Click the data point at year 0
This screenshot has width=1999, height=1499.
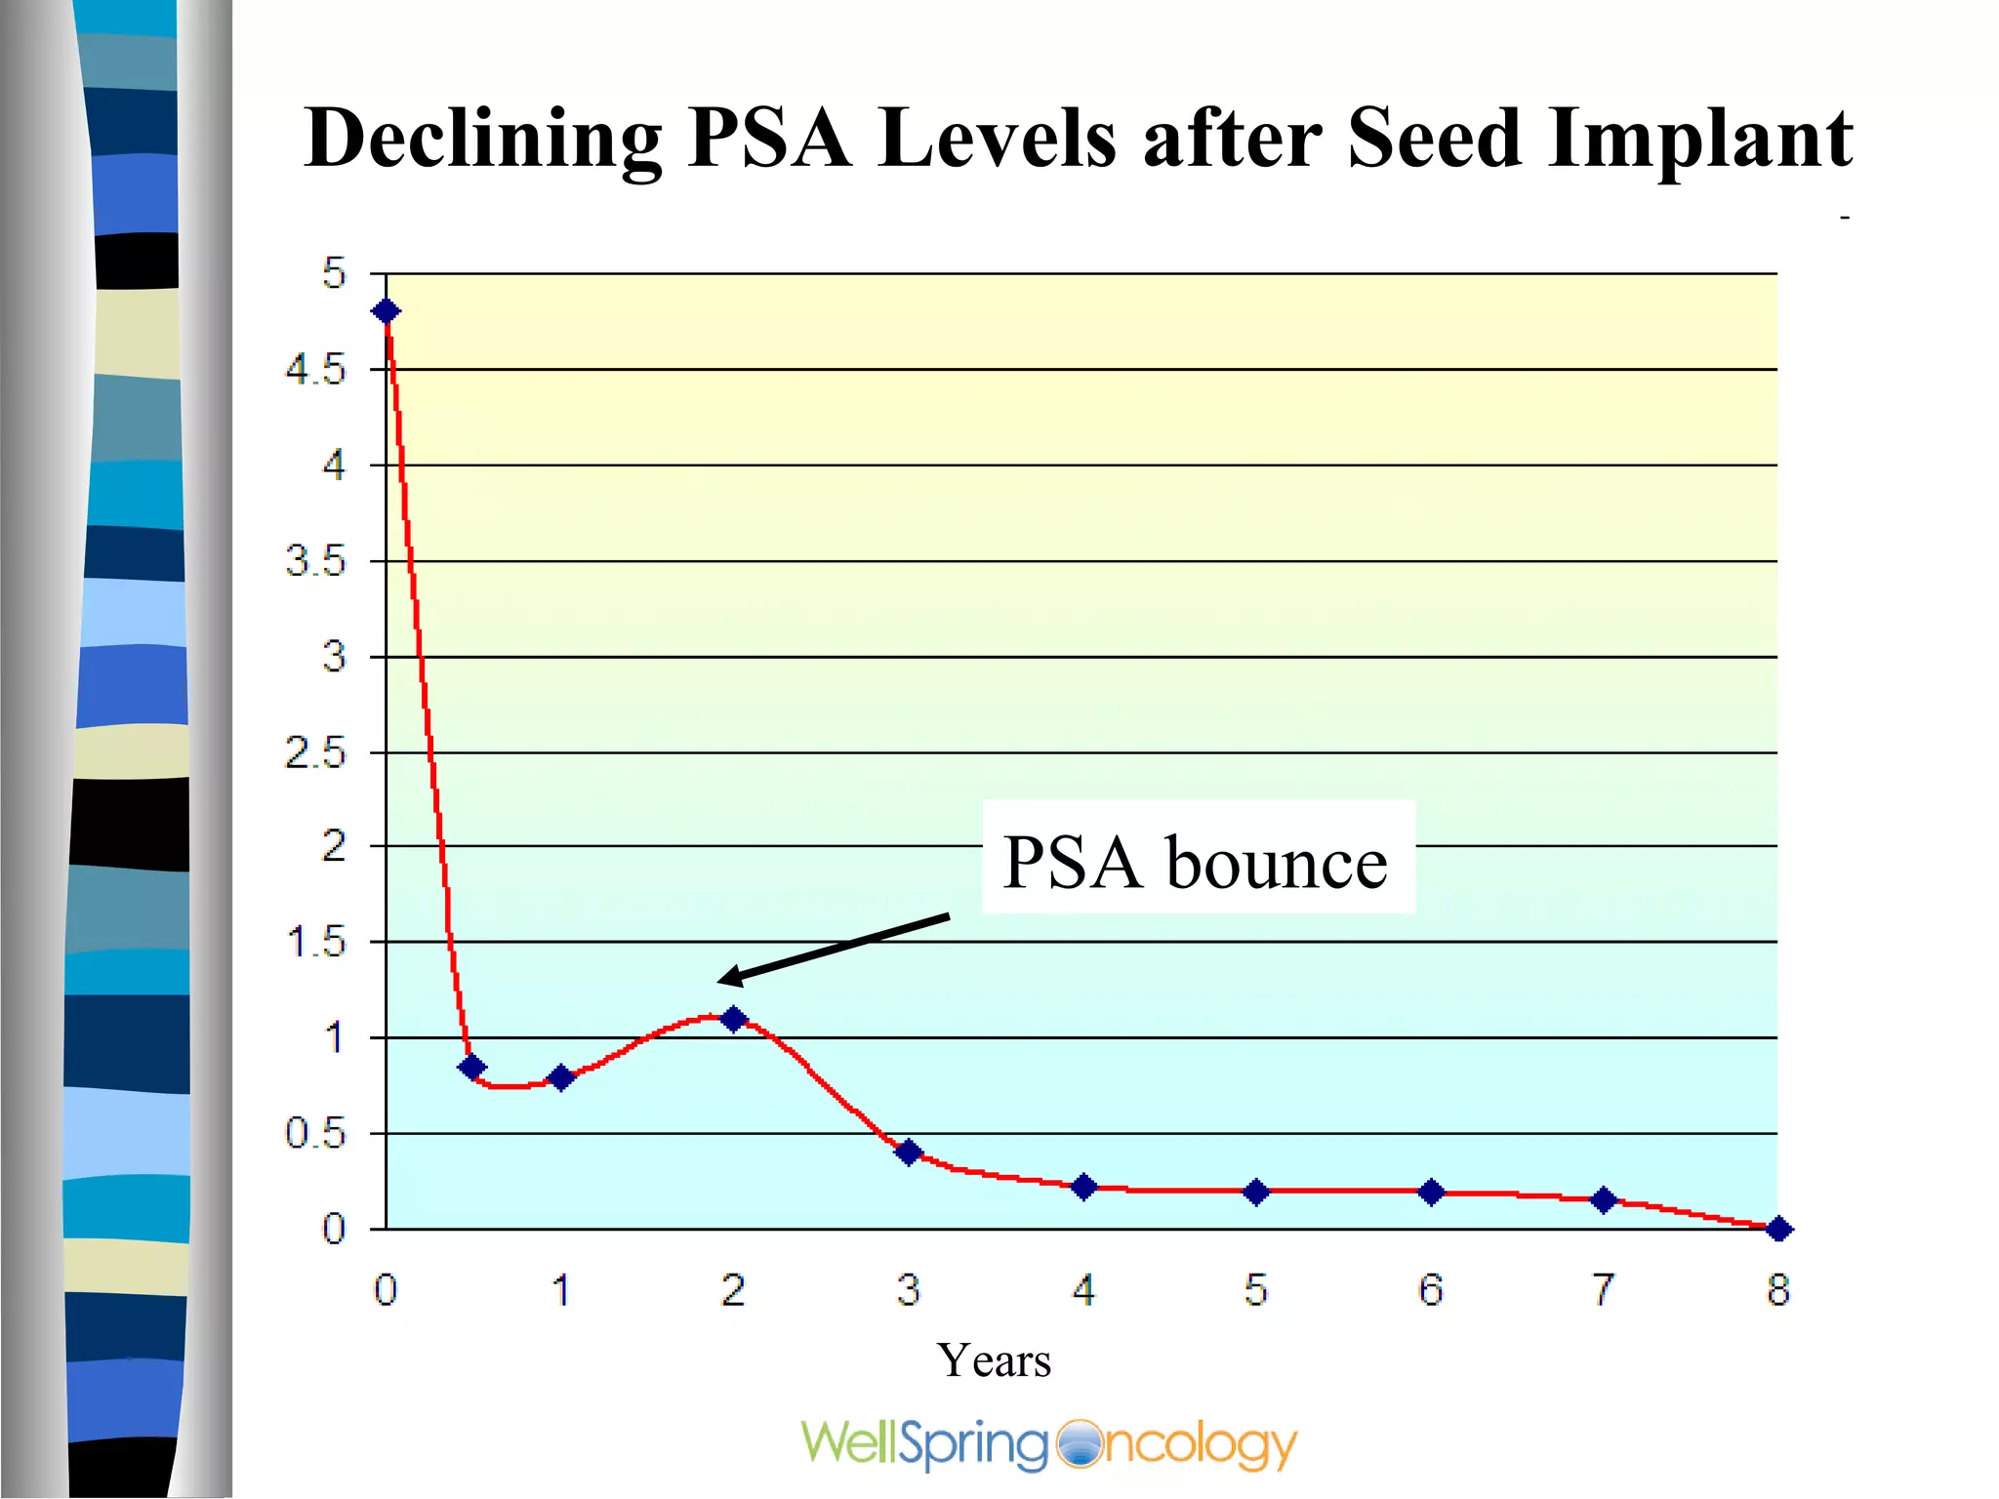tap(387, 311)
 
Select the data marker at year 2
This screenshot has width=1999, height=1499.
tap(734, 1019)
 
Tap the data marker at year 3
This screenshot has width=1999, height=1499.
tap(909, 1153)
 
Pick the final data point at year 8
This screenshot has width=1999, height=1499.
tap(1778, 1230)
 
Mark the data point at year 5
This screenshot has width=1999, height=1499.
tap(1257, 1192)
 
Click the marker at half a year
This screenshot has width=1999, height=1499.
tap(471, 1068)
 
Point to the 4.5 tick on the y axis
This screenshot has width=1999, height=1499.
tap(315, 370)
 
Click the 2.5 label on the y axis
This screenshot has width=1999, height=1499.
tap(315, 753)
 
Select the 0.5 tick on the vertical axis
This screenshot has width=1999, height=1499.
tap(315, 1134)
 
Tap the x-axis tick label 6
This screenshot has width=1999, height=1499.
tap(1431, 1290)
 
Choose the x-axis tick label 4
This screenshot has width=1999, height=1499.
tap(1083, 1290)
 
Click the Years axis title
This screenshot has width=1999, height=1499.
tap(994, 1360)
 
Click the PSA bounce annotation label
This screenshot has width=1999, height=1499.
tap(1196, 862)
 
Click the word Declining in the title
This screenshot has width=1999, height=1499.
tap(483, 139)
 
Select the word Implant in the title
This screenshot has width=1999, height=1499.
tap(1699, 139)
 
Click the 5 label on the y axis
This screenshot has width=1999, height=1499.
tap(335, 273)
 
